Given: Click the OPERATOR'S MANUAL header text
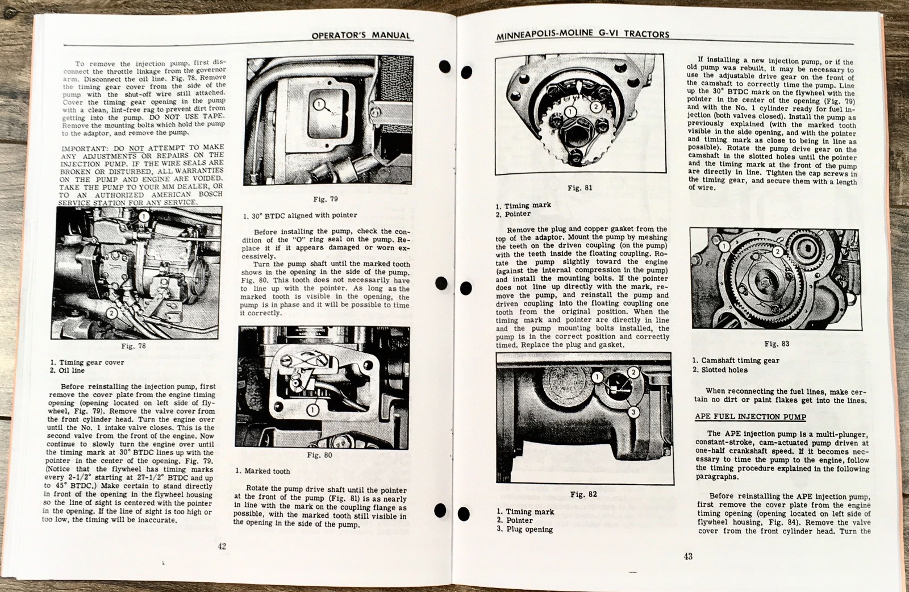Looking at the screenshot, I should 360,35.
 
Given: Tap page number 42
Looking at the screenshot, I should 222,546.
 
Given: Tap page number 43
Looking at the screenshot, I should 688,556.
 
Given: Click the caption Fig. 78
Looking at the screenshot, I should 134,346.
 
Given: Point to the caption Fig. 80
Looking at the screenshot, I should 319,455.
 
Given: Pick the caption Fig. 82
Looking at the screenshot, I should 583,494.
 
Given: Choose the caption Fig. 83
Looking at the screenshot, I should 776,344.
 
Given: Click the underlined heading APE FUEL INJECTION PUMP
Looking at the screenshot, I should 750,416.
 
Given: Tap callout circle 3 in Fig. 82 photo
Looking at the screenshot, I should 634,412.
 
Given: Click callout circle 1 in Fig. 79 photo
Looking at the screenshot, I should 319,104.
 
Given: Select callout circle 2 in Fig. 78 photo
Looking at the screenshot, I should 112,313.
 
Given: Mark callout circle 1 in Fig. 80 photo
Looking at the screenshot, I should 312,410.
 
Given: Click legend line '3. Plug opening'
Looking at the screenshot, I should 524,530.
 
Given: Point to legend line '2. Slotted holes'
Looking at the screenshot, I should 720,370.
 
